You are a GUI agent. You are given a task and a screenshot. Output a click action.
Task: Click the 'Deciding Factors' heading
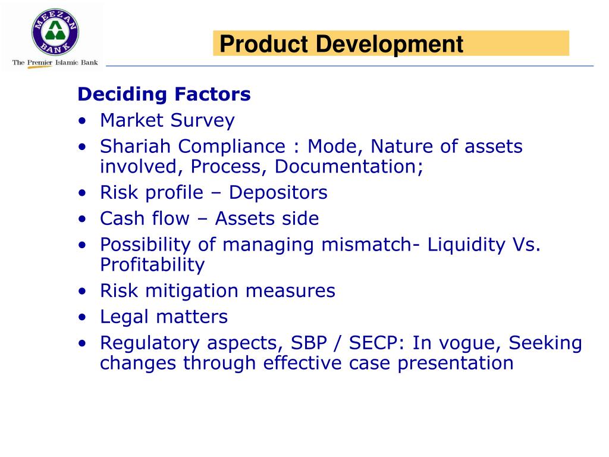[x=164, y=95]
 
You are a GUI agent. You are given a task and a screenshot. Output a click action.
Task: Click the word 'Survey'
[x=202, y=121]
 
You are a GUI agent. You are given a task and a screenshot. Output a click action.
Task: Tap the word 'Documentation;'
[x=349, y=167]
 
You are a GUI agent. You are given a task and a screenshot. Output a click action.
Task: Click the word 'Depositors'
[x=278, y=193]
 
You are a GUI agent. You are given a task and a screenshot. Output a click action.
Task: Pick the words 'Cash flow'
[x=144, y=218]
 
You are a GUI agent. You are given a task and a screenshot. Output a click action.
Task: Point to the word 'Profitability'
[x=152, y=265]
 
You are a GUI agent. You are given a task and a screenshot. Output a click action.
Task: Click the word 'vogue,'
[x=466, y=343]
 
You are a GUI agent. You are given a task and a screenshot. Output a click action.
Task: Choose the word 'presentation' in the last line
[x=455, y=363]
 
